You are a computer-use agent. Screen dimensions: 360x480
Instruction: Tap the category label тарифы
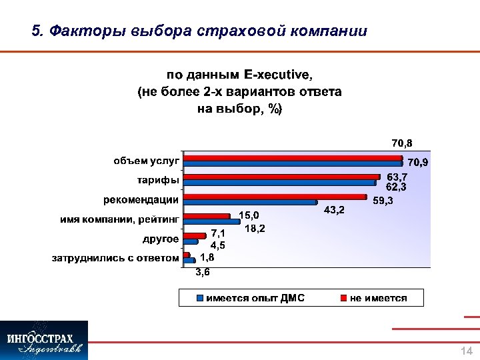157,181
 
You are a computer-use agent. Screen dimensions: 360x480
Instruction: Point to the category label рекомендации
141,199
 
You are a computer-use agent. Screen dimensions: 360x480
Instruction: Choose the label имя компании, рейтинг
117,219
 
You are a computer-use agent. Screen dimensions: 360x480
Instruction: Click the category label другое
160,239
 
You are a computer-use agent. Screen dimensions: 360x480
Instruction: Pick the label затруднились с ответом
116,258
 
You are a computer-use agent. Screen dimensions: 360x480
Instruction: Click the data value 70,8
401,143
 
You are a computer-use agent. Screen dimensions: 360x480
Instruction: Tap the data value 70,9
418,162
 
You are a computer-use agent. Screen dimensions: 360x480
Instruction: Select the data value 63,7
397,177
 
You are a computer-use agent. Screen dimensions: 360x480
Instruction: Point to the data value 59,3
382,200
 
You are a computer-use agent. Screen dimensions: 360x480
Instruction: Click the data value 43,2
333,210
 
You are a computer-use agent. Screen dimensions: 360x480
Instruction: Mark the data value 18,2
255,229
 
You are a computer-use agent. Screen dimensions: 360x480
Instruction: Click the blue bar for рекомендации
250,201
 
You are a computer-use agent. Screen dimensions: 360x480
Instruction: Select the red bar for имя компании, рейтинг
211,215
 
